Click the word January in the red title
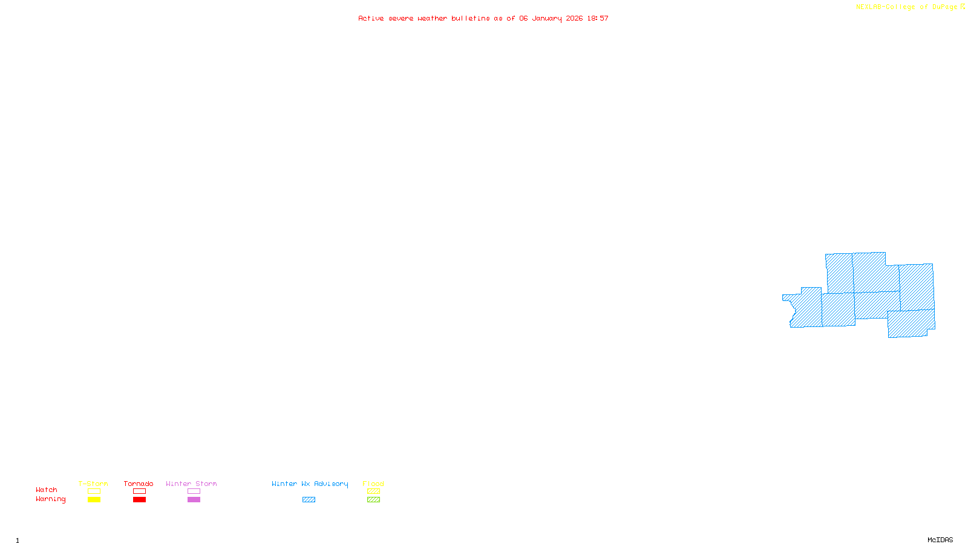point(547,19)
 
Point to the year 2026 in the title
point(574,19)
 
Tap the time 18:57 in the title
point(598,19)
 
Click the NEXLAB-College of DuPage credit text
point(906,7)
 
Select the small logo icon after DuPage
point(963,7)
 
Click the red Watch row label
point(47,490)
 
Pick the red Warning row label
point(50,499)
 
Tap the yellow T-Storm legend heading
point(93,484)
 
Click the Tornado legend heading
point(139,484)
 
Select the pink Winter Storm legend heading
point(191,484)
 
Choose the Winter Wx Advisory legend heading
point(310,484)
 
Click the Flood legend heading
point(373,484)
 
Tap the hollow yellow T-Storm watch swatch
point(94,491)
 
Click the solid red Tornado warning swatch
point(139,500)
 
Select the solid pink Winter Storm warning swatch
point(194,500)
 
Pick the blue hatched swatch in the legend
point(309,500)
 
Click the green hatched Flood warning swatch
point(373,500)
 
